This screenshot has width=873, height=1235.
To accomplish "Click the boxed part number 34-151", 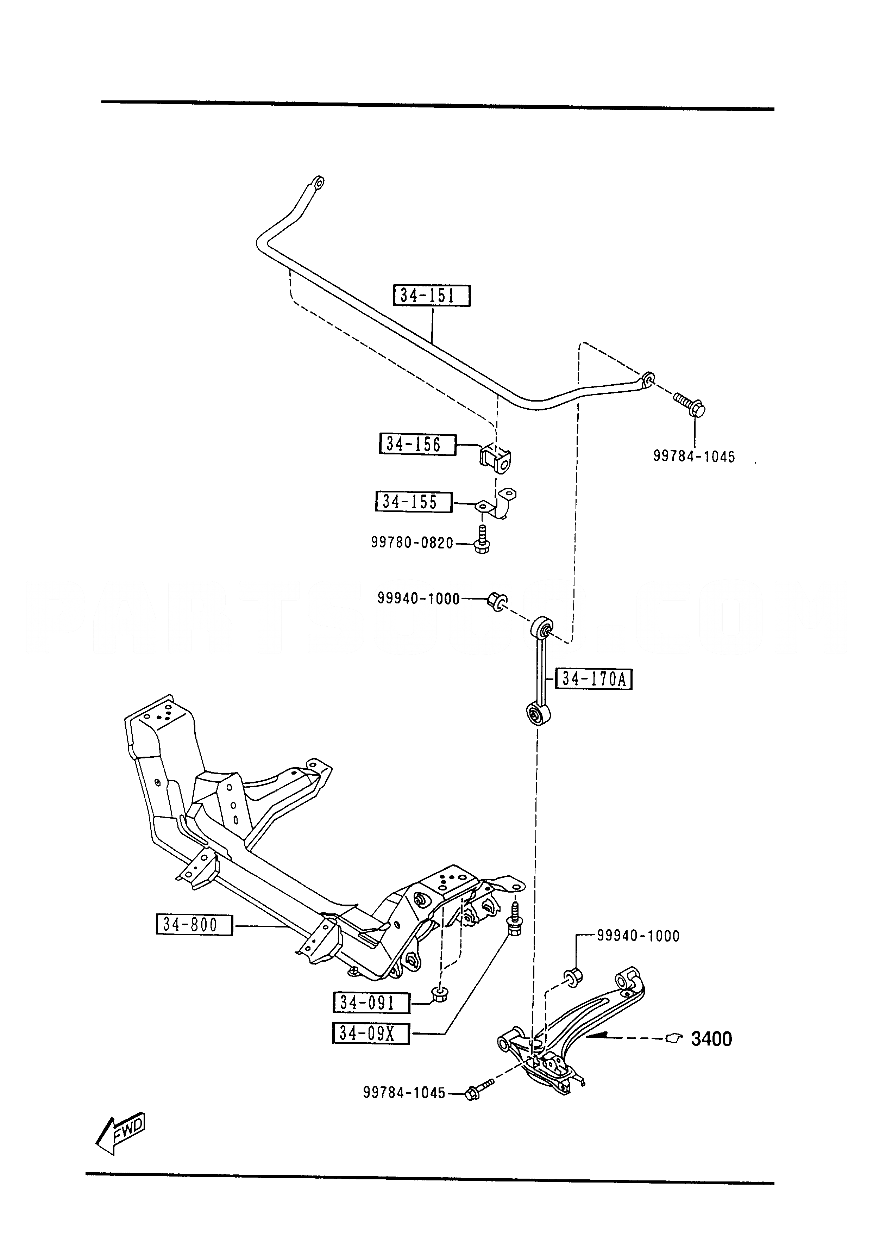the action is pos(432,296).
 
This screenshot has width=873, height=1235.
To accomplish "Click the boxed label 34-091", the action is pos(371,1003).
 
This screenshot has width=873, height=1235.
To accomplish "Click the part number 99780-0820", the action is pos(412,543).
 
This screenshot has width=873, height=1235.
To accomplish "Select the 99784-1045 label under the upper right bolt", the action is pos(694,456).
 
